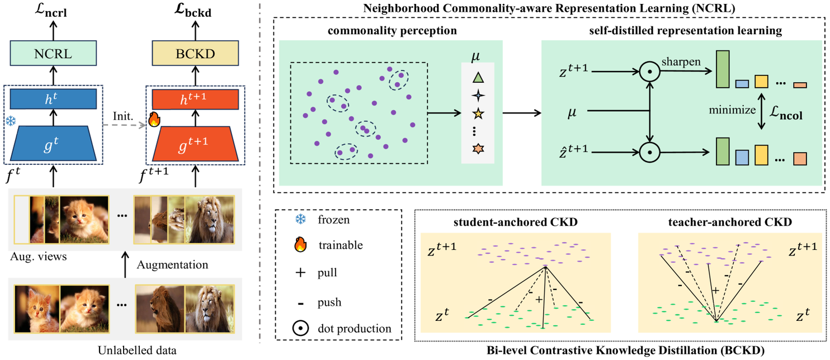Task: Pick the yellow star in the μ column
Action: click(x=477, y=115)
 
